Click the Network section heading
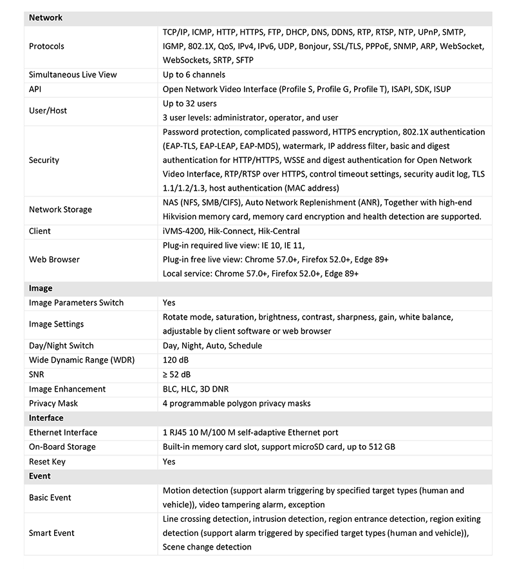(46, 18)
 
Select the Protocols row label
(46, 46)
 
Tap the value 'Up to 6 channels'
(194, 75)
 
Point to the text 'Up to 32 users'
(190, 104)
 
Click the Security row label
(44, 160)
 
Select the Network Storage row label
(61, 209)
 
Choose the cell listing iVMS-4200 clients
(231, 231)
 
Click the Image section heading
(41, 289)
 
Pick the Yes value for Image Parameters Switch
(169, 303)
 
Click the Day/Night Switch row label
(61, 346)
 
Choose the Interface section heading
(46, 418)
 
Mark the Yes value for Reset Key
(169, 461)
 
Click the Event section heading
(41, 476)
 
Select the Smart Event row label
(51, 533)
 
